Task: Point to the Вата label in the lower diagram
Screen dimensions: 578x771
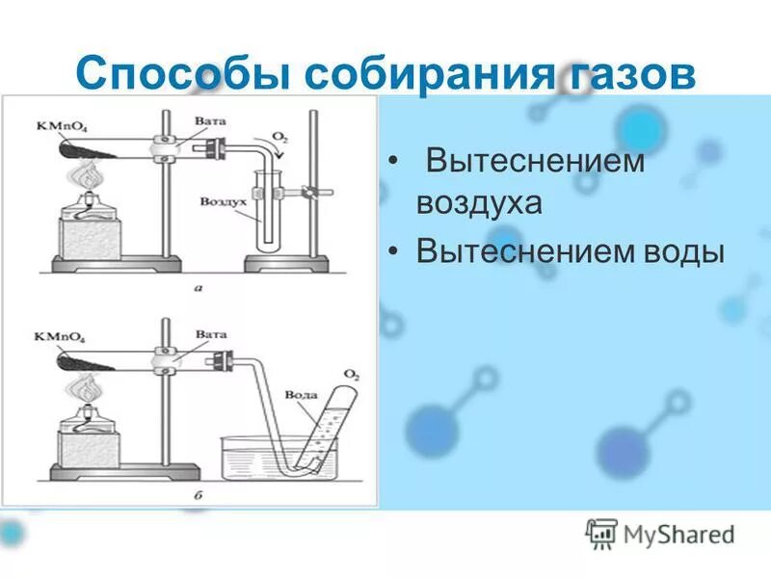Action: tap(210, 333)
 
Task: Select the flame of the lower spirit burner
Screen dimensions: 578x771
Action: tap(86, 388)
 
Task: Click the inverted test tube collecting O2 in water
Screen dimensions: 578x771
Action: tap(323, 424)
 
